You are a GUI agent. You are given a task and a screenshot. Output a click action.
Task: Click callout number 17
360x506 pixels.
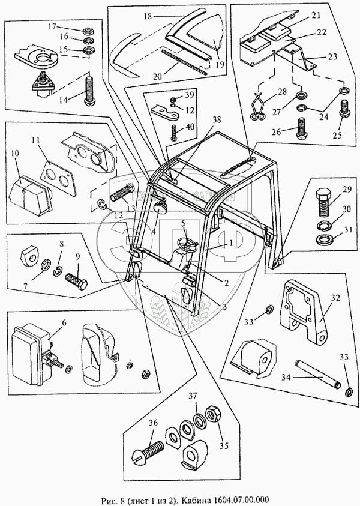(x=52, y=27)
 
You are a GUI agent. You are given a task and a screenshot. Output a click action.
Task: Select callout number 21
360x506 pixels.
(x=316, y=14)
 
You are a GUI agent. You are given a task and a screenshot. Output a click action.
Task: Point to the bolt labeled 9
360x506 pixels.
(x=76, y=280)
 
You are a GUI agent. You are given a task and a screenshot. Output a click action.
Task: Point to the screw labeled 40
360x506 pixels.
(x=175, y=131)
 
